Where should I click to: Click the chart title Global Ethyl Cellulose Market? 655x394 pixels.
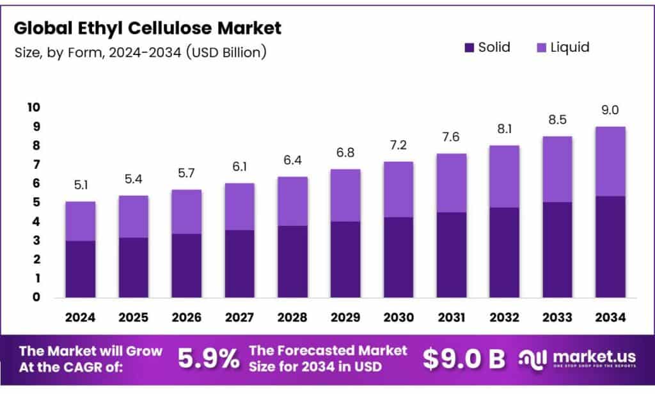click(147, 28)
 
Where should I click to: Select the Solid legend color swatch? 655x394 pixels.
click(469, 47)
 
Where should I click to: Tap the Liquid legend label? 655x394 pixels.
click(569, 47)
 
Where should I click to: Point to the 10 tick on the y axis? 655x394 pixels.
click(33, 107)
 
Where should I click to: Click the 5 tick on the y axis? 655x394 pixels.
click(36, 203)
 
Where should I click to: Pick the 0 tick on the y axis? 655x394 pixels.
click(36, 297)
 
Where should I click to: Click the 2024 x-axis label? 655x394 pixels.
click(81, 317)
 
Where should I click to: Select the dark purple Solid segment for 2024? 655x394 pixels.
click(81, 269)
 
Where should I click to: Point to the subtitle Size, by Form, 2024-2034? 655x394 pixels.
click(140, 52)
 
